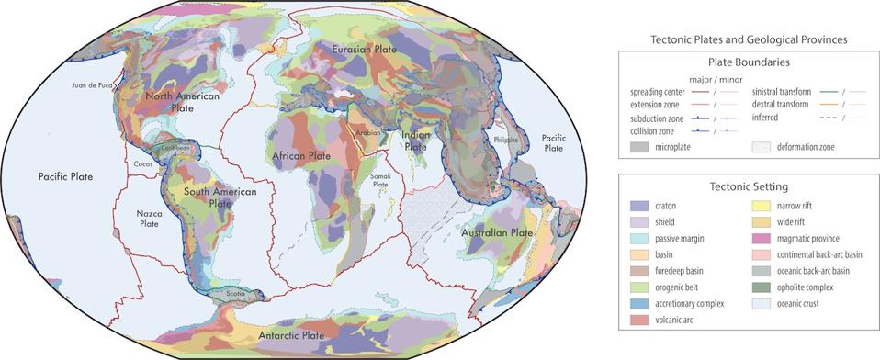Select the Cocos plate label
tap(141, 164)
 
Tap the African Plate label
tap(301, 157)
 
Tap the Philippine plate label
tap(519, 140)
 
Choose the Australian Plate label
tap(501, 233)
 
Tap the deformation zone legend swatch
tap(763, 145)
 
